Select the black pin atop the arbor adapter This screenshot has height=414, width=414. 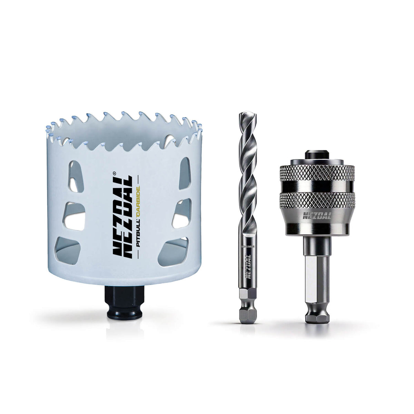pyautogui.click(x=316, y=154)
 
